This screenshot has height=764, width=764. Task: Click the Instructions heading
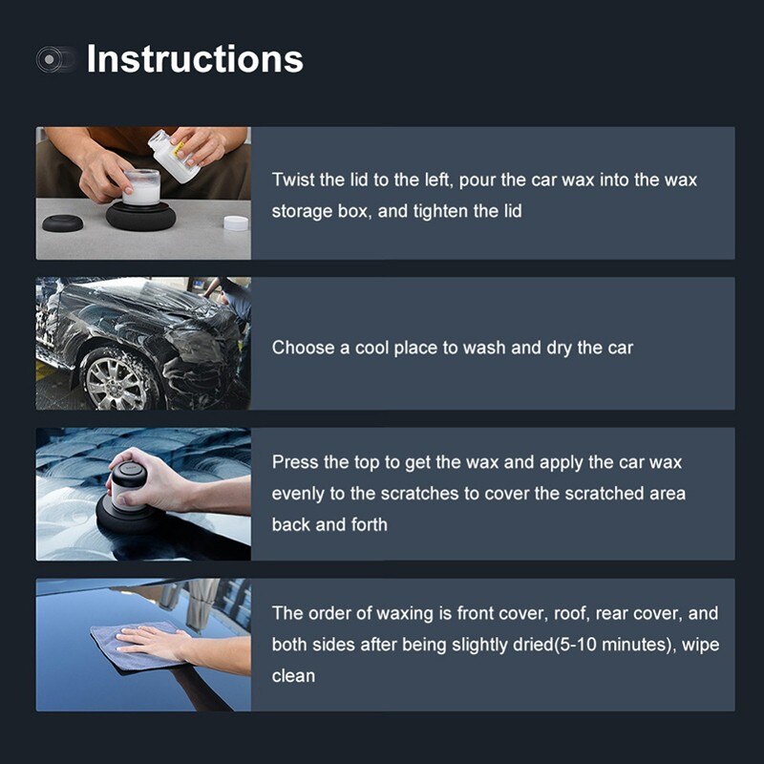coord(195,59)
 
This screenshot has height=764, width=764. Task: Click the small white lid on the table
coord(235,223)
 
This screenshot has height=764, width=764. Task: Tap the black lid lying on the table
coord(62,223)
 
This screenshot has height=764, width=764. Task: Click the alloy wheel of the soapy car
coord(118,379)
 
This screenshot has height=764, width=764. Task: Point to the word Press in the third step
coord(295,462)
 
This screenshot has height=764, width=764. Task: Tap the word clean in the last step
coord(293,676)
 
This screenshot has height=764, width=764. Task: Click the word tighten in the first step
coord(441,211)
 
